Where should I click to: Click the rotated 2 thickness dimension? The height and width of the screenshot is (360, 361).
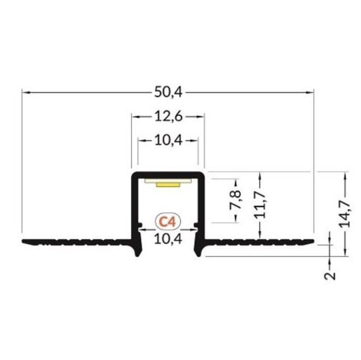330,276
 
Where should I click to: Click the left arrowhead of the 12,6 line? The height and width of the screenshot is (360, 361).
134,115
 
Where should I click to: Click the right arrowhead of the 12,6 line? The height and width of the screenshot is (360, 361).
203,115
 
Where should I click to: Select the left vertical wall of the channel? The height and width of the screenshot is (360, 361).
133,208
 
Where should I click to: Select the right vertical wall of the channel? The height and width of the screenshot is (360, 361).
203,208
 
